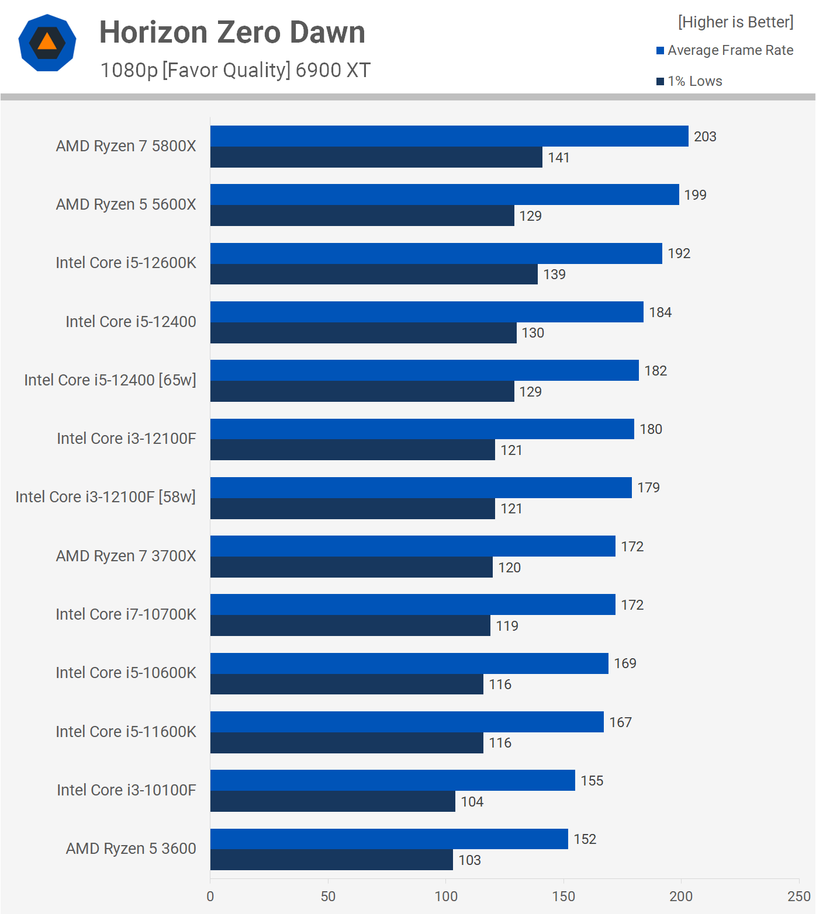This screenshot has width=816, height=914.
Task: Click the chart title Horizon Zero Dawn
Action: (x=232, y=33)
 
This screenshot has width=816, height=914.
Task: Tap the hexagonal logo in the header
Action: (x=47, y=43)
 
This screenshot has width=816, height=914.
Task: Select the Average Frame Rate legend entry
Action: (x=725, y=50)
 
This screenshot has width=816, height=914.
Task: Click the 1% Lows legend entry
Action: (x=690, y=81)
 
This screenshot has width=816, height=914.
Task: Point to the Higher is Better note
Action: (x=735, y=22)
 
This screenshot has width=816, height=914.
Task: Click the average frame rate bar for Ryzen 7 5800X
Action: (x=449, y=136)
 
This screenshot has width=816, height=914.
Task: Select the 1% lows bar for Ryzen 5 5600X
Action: (x=362, y=216)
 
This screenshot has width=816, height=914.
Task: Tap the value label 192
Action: (x=679, y=253)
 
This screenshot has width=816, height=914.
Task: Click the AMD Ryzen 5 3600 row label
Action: (x=131, y=849)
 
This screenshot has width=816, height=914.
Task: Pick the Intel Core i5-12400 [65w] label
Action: (x=110, y=380)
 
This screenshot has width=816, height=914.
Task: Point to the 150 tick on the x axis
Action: (x=563, y=896)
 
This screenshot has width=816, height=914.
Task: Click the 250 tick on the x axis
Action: (x=798, y=896)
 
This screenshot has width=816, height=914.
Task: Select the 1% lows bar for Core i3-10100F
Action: (x=333, y=801)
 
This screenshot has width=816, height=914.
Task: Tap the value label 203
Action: (x=705, y=137)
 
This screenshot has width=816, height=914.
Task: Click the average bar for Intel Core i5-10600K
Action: (x=409, y=663)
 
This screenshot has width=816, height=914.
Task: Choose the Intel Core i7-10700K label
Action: (x=126, y=614)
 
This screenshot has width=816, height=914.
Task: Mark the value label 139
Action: (x=554, y=274)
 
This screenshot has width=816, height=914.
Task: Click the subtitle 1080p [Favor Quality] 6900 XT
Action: (x=235, y=70)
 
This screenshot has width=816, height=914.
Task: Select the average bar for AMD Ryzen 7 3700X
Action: (x=413, y=546)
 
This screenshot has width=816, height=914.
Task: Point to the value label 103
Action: (x=469, y=860)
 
